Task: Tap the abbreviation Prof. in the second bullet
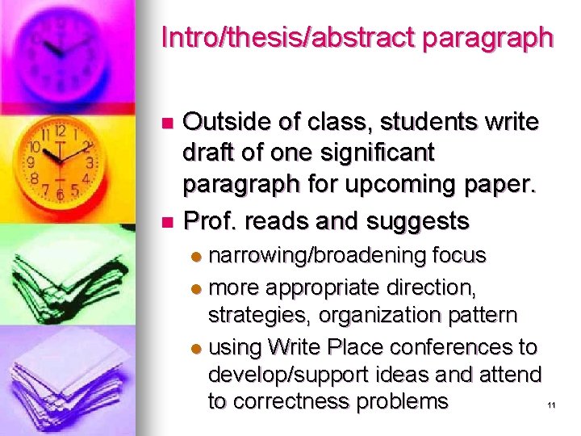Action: pos(211,219)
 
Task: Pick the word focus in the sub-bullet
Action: pos(458,255)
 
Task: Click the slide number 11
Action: pos(552,405)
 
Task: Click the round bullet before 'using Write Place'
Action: pos(197,349)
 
